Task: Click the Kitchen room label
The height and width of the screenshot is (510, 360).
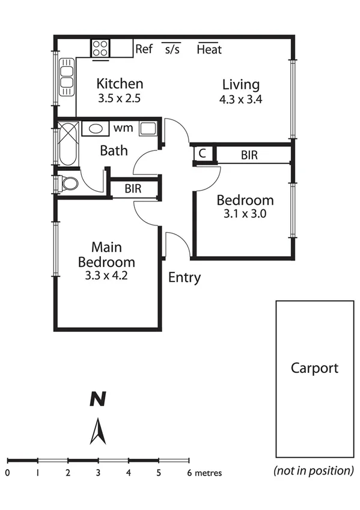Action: [x=120, y=84]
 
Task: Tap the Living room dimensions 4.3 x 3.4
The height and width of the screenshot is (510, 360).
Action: [x=240, y=99]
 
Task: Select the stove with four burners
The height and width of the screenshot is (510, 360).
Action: [x=100, y=48]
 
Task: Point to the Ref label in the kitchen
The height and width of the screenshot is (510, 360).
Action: [x=144, y=49]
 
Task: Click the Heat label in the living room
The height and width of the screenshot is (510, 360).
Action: [x=209, y=49]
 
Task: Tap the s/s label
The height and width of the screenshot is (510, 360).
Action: [x=172, y=49]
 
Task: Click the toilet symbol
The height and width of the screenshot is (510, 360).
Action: [x=68, y=183]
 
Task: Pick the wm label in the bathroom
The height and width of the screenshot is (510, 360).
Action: [x=123, y=127]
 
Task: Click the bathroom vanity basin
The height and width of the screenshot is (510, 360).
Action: [x=95, y=128]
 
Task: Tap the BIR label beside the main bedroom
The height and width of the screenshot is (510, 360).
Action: [x=133, y=188]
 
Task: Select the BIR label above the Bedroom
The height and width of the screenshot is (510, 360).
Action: [x=249, y=155]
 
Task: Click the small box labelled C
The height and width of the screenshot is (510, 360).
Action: [x=203, y=154]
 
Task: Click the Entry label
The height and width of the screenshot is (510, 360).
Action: [x=185, y=278]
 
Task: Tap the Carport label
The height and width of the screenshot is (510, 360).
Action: [x=314, y=368]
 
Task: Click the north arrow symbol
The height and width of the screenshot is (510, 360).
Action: [x=98, y=431]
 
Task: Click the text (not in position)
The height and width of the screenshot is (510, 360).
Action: [x=314, y=470]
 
